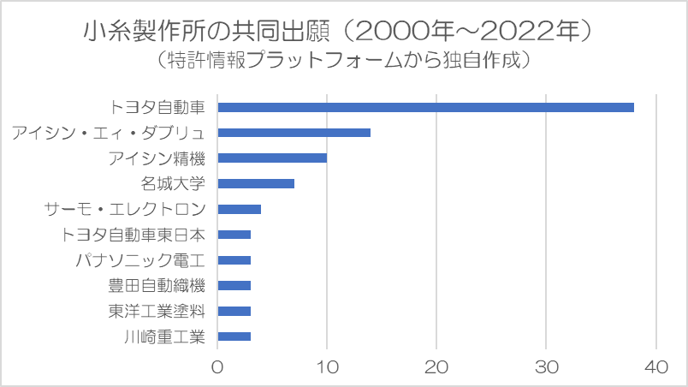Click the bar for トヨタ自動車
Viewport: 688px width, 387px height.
(x=425, y=107)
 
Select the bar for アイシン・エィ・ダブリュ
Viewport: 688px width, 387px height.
(x=294, y=133)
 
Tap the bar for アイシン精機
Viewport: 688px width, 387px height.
(x=272, y=158)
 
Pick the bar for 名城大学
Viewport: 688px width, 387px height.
(x=256, y=183)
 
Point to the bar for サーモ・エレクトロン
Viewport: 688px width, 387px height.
(x=239, y=209)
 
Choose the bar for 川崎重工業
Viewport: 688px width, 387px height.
(x=234, y=336)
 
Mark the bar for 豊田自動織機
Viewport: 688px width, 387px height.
(x=234, y=285)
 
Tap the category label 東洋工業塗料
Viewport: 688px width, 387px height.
(x=157, y=311)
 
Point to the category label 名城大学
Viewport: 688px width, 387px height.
(x=173, y=183)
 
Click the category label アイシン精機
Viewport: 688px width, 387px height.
(x=157, y=158)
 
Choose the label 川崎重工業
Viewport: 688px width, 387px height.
(x=164, y=336)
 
